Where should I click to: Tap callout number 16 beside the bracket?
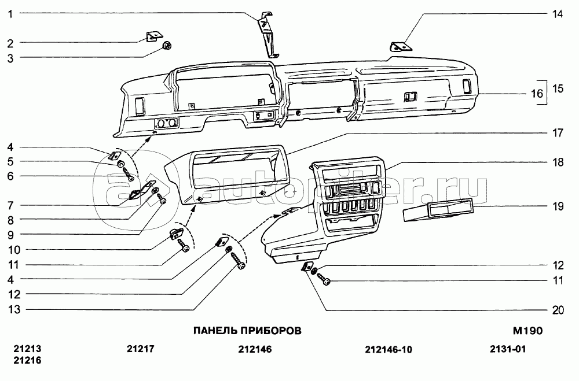click(x=537, y=93)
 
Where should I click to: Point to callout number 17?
click(x=557, y=133)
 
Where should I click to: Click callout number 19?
click(x=557, y=206)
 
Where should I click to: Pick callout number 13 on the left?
click(x=14, y=310)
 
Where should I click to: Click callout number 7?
click(x=10, y=205)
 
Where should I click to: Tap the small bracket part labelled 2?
click(x=153, y=36)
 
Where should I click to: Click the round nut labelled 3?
click(x=168, y=46)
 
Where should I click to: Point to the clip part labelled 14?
click(x=401, y=47)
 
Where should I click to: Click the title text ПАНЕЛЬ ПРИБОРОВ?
click(x=247, y=331)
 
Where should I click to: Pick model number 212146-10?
click(x=389, y=349)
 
